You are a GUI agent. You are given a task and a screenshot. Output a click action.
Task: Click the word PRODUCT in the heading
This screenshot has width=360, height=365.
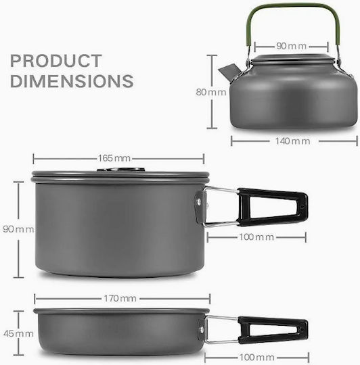(x=56, y=61)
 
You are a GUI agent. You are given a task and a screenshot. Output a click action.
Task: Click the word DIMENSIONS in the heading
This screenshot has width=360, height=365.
(x=72, y=81)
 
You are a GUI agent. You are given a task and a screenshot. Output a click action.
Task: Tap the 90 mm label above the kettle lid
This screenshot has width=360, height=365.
(x=291, y=46)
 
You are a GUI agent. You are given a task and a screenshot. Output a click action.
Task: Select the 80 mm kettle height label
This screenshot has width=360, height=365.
(x=211, y=92)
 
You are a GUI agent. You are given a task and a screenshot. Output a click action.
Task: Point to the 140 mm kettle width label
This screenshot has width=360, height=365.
(x=292, y=141)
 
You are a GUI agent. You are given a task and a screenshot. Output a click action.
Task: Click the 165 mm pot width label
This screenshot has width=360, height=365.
(x=114, y=158)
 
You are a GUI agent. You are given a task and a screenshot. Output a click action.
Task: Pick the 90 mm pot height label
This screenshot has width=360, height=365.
(x=18, y=229)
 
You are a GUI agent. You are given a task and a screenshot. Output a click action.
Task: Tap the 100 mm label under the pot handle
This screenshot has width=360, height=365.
(x=256, y=237)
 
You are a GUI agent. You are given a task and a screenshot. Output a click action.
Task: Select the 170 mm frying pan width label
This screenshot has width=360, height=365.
(x=120, y=299)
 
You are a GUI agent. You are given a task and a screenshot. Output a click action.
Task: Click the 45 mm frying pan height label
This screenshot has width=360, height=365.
(x=18, y=334)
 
